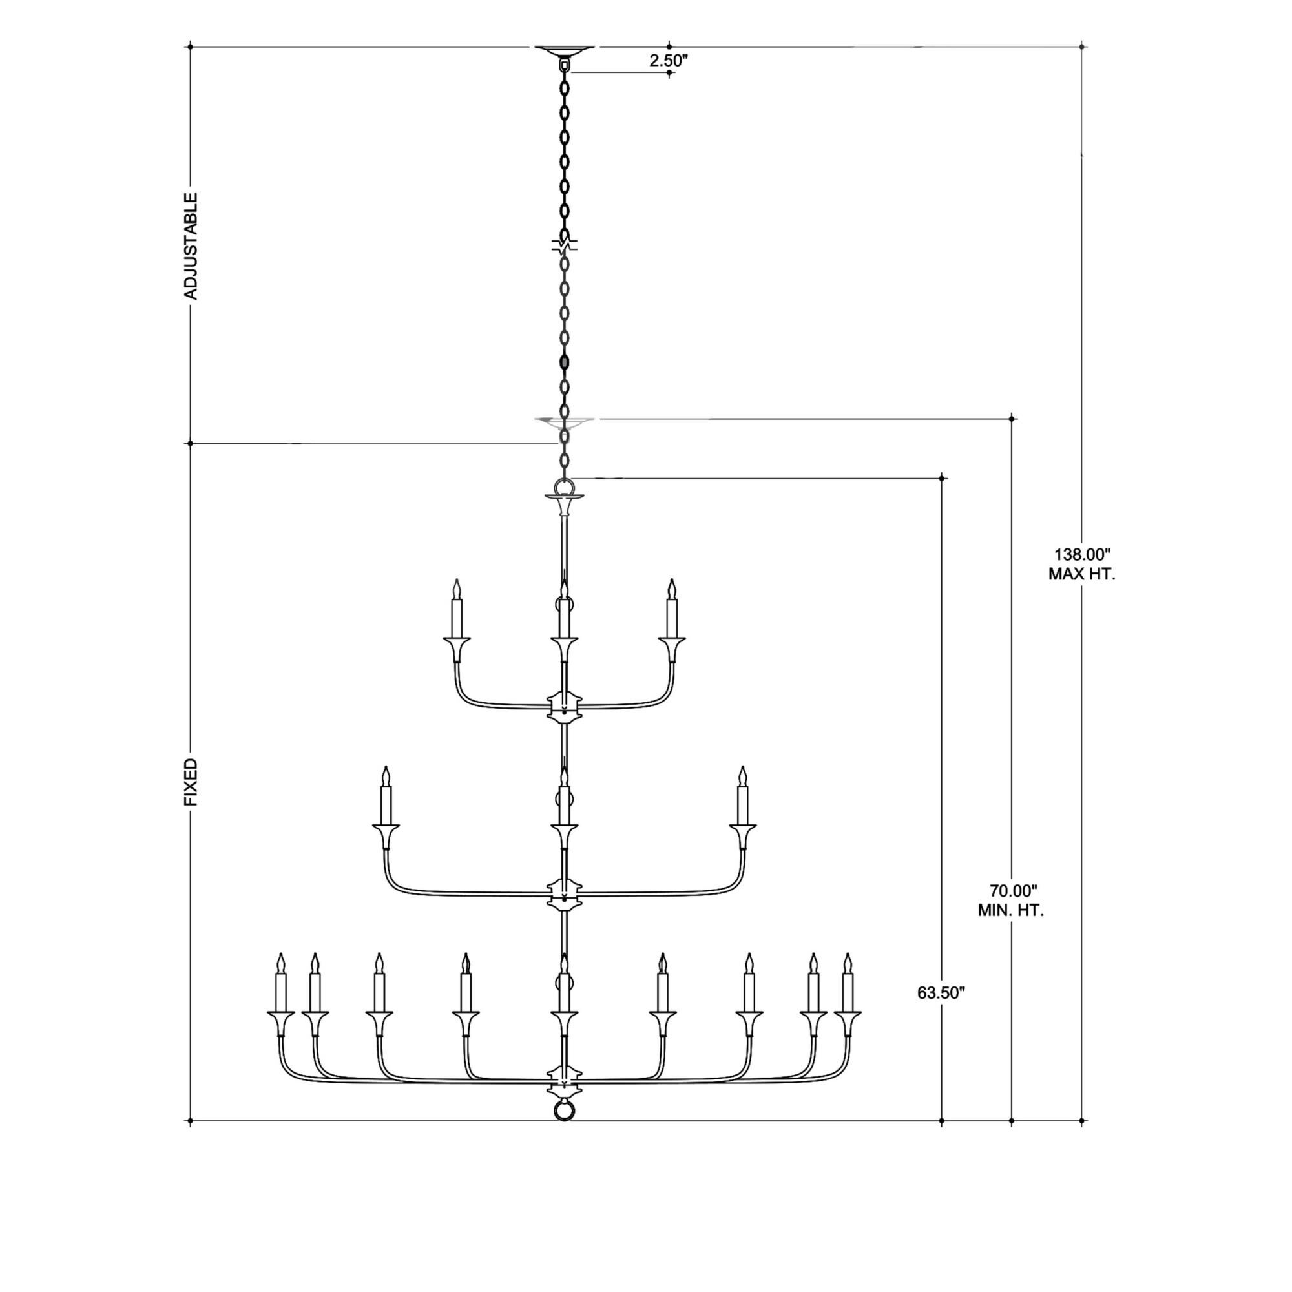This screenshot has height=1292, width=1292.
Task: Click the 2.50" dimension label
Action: [x=668, y=60]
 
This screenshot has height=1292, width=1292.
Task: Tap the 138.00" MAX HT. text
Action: [x=1081, y=565]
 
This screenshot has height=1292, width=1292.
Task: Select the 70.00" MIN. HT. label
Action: [x=1010, y=900]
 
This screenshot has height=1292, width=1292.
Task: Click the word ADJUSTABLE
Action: [x=191, y=246]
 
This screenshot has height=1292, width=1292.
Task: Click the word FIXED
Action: [x=191, y=782]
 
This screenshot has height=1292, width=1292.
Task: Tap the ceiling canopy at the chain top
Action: [x=565, y=51]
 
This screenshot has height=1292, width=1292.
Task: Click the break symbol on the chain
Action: [x=565, y=245]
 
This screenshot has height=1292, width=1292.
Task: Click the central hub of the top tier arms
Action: [x=565, y=707]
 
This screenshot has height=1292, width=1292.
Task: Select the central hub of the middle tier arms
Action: [x=565, y=894]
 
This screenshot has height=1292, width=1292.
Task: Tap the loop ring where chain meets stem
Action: [x=565, y=486]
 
